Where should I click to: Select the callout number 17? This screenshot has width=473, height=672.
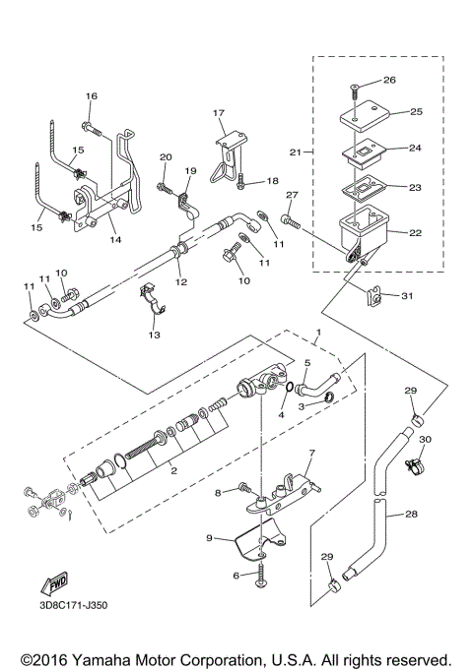[x=219, y=113]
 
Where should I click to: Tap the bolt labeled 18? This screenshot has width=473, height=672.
[x=240, y=180]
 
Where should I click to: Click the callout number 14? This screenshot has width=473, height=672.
[x=115, y=239]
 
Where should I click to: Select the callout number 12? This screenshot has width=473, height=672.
[x=180, y=282]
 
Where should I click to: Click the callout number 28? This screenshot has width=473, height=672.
[x=412, y=514]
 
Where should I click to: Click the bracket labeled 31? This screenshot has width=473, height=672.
[x=375, y=295]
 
